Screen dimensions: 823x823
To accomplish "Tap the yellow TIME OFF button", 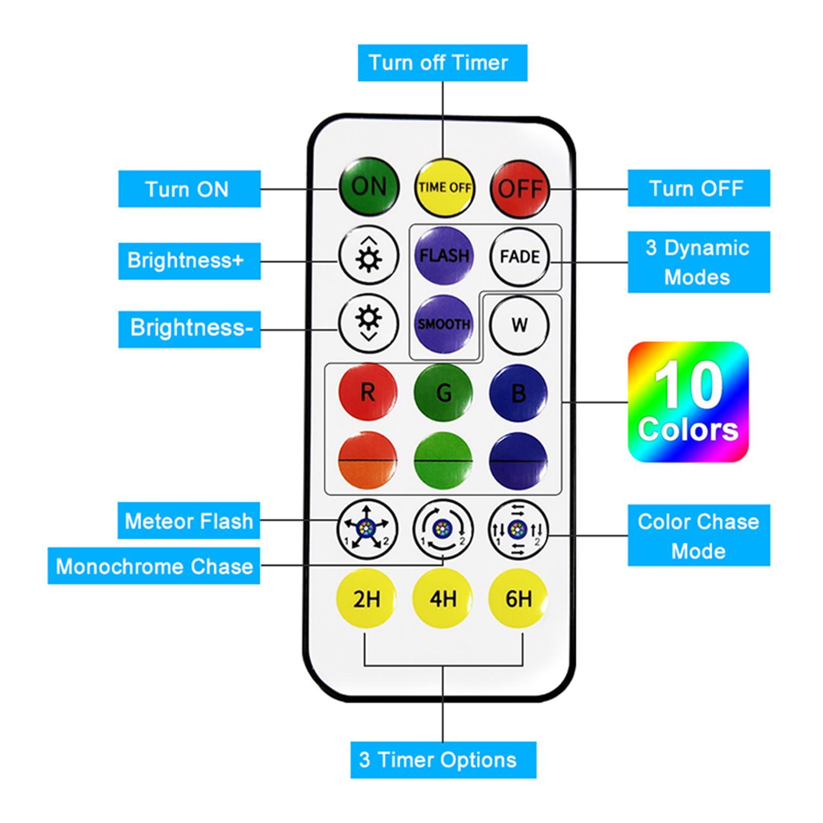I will coord(444,187).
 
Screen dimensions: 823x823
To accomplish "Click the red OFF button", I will coord(520,188).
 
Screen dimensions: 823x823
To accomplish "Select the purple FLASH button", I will coord(444,255).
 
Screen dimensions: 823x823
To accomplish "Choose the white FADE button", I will coord(520,256).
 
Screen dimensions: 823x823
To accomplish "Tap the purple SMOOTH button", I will coord(444,324).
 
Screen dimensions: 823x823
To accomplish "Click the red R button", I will coord(368,392).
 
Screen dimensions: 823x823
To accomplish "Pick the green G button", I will coord(443,393).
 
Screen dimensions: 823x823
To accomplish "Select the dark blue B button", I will coord(518,393).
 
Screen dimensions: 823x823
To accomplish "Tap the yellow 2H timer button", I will coord(366,598).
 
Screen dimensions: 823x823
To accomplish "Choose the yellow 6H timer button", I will coord(518,598).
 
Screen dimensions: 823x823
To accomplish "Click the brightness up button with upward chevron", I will coord(368,255).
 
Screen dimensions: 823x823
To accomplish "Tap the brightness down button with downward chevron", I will coord(368,323).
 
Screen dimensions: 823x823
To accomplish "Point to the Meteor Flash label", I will coord(189,521).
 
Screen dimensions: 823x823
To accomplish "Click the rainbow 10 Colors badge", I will coord(688,402).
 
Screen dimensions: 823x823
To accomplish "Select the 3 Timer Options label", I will coord(443,760).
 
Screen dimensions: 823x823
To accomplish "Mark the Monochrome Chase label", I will coord(154,566).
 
